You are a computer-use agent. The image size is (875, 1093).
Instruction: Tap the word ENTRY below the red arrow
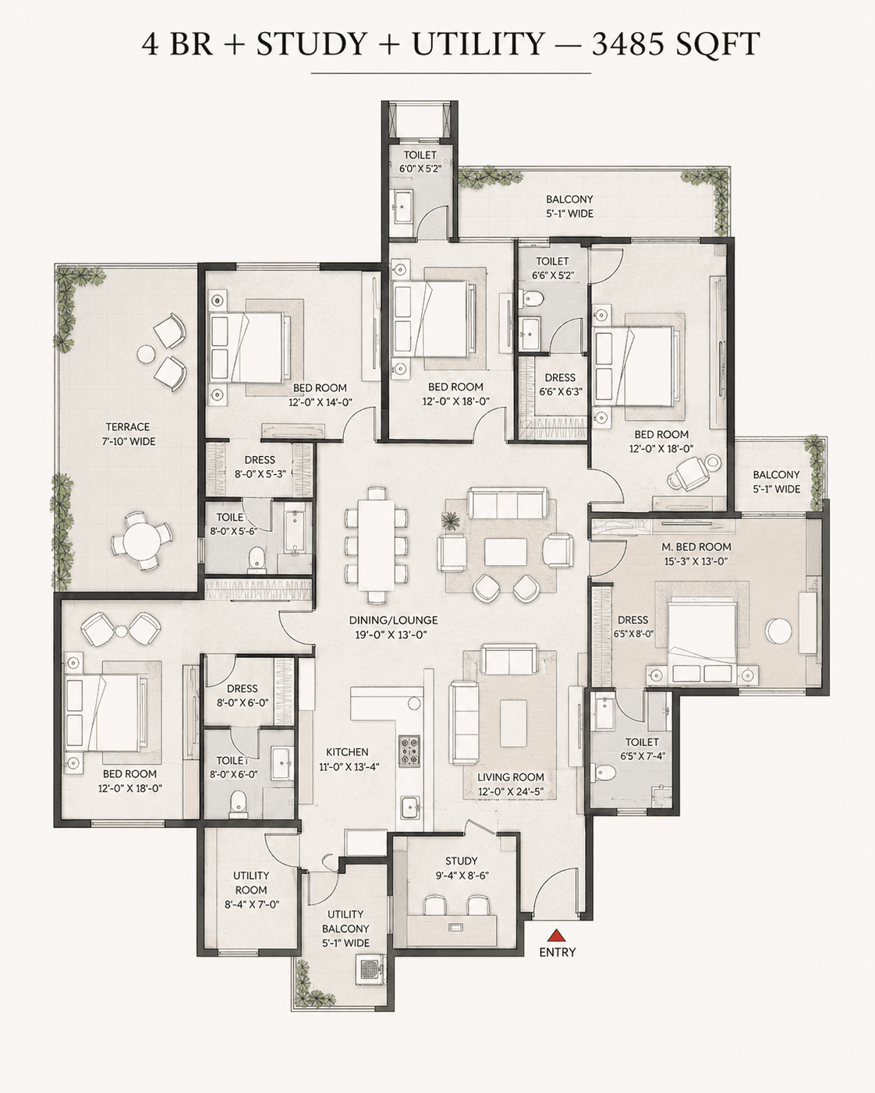(x=558, y=953)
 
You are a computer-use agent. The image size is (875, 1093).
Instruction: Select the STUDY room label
(x=461, y=861)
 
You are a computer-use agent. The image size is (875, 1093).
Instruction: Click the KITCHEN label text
(x=347, y=752)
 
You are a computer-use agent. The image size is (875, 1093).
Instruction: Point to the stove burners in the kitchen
(x=409, y=750)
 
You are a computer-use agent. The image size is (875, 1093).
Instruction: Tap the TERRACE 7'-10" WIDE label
(x=128, y=433)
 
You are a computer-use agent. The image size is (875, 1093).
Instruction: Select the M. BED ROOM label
(x=696, y=546)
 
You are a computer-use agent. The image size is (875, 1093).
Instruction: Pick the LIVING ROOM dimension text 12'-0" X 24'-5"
(x=511, y=791)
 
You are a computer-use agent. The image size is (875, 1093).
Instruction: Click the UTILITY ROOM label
(x=251, y=883)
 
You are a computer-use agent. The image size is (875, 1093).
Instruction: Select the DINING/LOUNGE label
(x=393, y=620)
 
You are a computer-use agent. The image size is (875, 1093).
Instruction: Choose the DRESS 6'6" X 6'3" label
(x=560, y=384)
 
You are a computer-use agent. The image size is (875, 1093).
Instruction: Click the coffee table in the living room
(x=513, y=723)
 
